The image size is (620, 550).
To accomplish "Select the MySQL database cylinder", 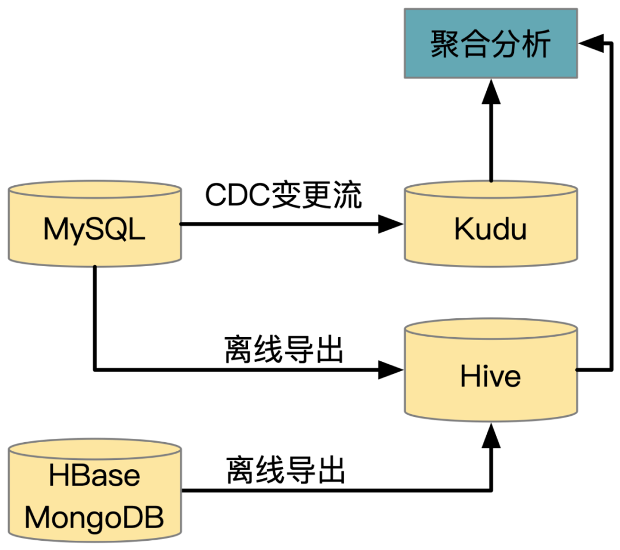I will pyautogui.click(x=94, y=224).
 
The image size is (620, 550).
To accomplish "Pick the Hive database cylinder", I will pyautogui.click(x=491, y=370).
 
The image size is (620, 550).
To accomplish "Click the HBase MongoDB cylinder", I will pyautogui.click(x=94, y=490).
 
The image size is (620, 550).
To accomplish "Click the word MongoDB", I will pyautogui.click(x=94, y=517).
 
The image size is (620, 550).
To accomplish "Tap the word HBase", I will pyautogui.click(x=94, y=476).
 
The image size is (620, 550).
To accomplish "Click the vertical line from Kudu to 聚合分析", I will pyautogui.click(x=491, y=143).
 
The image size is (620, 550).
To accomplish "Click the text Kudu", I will pyautogui.click(x=491, y=229).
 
